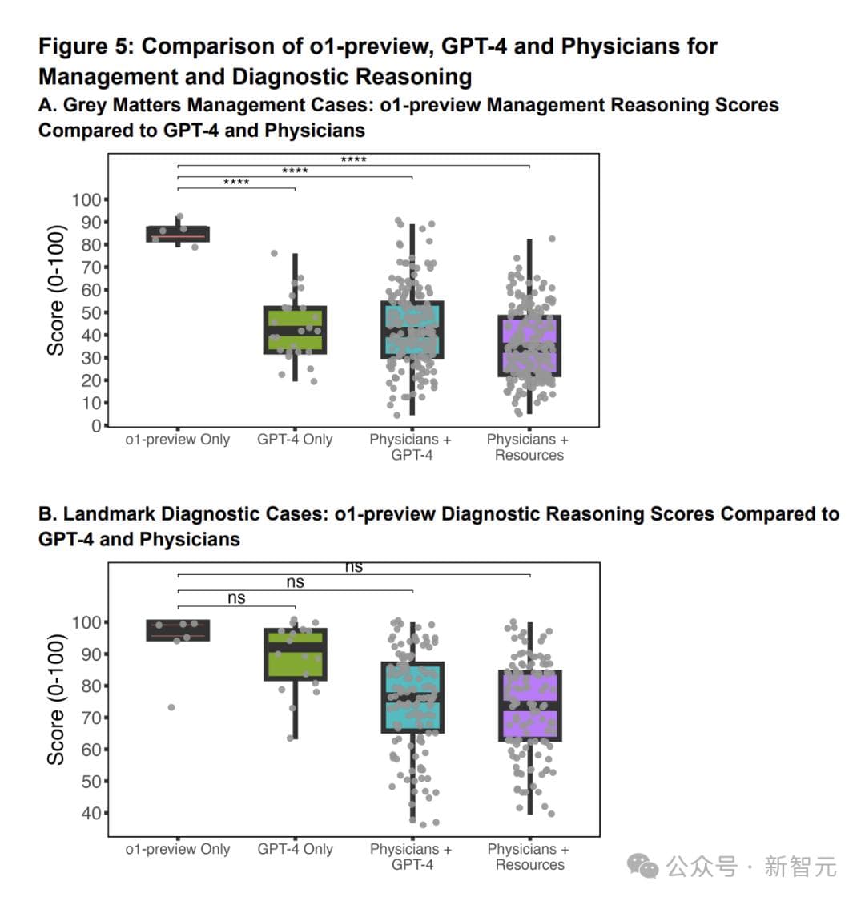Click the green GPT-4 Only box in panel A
[x=295, y=329]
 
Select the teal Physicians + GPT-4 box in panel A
[x=412, y=329]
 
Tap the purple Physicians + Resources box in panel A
[x=529, y=345]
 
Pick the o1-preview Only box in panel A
[x=178, y=234]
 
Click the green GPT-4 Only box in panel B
[x=295, y=654]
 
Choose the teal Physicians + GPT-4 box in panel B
[x=412, y=697]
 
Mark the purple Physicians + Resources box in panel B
[x=529, y=705]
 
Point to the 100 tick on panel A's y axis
[x=86, y=199]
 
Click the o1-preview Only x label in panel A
[x=178, y=440]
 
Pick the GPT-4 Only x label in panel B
[x=295, y=849]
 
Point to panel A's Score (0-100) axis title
[x=55, y=290]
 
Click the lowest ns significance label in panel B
[x=236, y=598]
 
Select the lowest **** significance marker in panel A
[x=236, y=183]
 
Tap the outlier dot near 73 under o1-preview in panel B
[x=171, y=707]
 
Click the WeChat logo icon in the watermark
[x=642, y=865]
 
